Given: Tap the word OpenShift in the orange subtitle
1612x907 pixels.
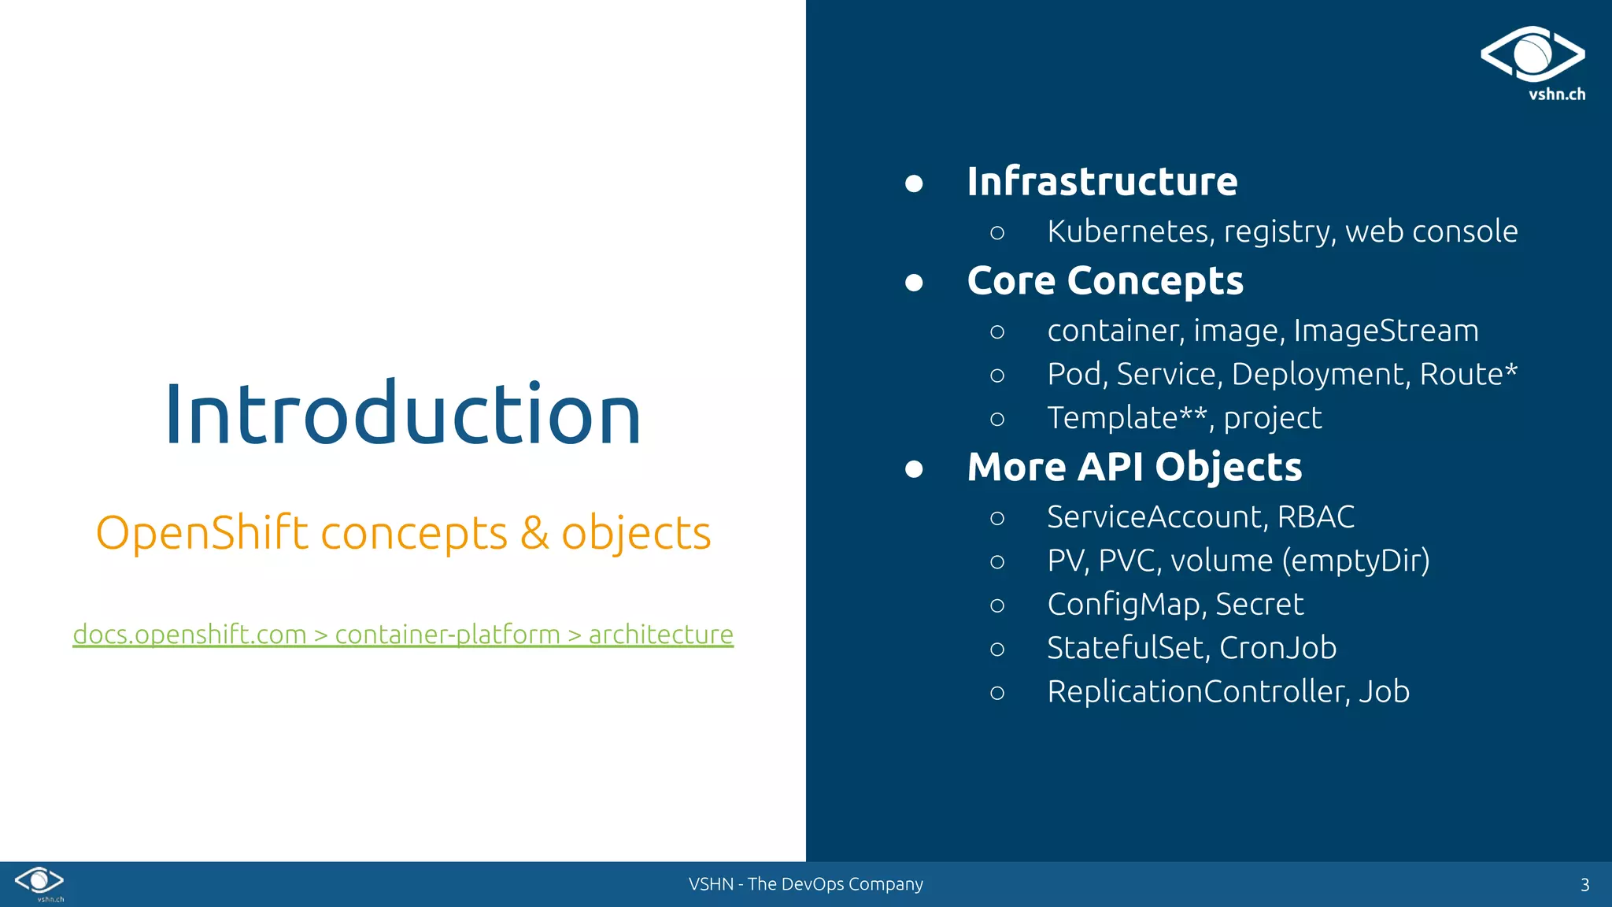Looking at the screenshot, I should (201, 533).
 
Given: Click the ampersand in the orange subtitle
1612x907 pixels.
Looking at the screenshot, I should (534, 533).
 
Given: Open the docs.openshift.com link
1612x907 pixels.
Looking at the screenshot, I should (189, 635).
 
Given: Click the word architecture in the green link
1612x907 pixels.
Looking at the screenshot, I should (660, 635).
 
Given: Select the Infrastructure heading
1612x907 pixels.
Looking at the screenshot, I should (1102, 182).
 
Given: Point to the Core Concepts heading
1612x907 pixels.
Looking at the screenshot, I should (1105, 281).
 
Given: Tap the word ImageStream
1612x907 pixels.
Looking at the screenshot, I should (1386, 331).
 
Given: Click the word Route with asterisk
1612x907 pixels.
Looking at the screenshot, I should (1468, 374).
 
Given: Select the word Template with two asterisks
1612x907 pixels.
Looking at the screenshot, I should (1126, 418).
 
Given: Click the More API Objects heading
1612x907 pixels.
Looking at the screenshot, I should (1134, 467).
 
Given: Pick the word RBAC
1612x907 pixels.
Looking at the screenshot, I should (1315, 517).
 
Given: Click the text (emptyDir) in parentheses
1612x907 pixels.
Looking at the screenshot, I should (1355, 561).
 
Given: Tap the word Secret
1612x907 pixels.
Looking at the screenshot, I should (1259, 605).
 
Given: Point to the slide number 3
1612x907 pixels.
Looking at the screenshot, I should (1584, 885).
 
